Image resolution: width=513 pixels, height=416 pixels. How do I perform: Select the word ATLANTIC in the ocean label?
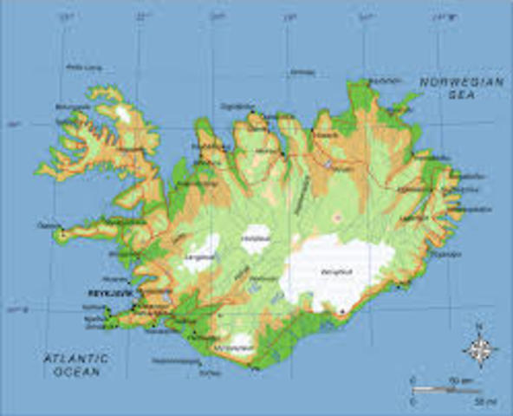(77, 357)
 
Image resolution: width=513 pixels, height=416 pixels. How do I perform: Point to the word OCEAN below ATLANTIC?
(77, 372)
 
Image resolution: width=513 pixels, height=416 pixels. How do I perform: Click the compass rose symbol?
(479, 350)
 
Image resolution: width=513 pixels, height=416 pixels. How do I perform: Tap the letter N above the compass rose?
(479, 327)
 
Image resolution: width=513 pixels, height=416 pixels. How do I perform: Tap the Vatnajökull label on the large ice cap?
(334, 271)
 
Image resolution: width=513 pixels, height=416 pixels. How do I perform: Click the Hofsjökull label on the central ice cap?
(256, 237)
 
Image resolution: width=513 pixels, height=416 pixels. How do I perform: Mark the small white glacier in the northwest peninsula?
(125, 114)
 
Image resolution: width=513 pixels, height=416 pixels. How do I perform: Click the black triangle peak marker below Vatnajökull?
(342, 310)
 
